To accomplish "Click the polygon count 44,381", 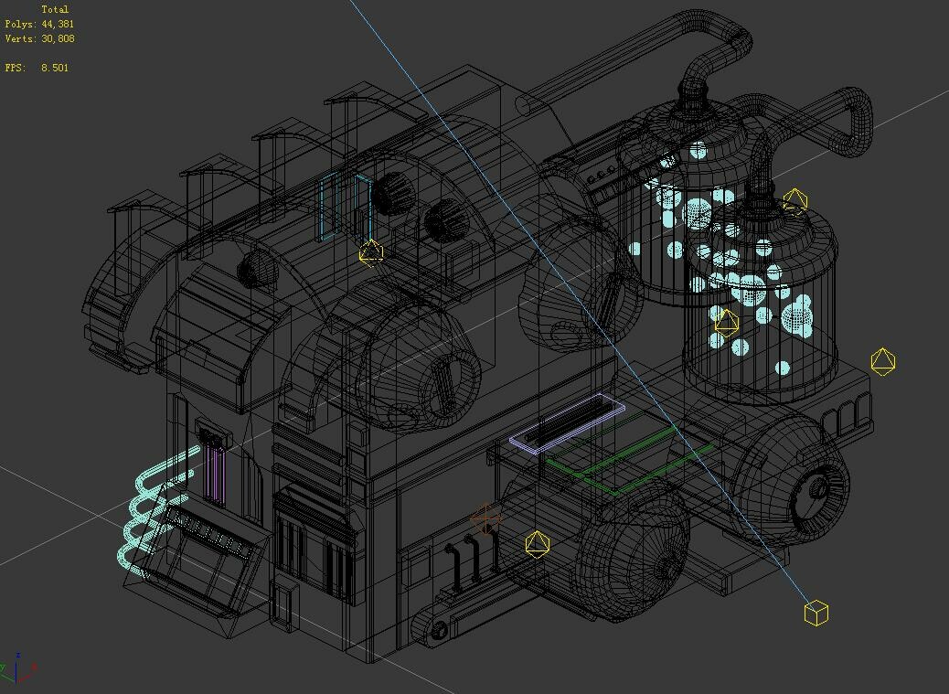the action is point(58,24).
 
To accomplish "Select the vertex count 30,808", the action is point(58,38).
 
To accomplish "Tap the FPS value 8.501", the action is point(55,68).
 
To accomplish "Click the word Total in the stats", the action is point(55,10).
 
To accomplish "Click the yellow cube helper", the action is point(816,613).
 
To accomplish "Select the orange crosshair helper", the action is point(485,518).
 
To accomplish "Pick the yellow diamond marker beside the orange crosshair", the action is point(537,544).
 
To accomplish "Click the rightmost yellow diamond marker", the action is point(883,361).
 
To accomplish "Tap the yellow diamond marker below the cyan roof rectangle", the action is point(370,252).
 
